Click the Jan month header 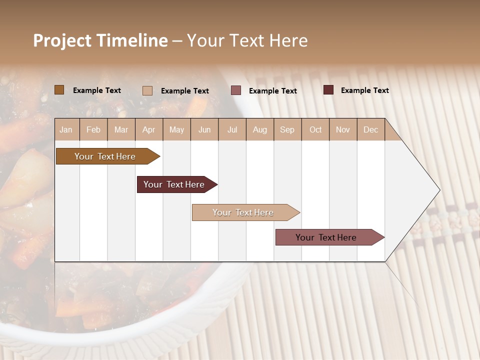pyautogui.click(x=66, y=130)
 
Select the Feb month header pyautogui.click(x=93, y=130)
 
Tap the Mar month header pyautogui.click(x=121, y=130)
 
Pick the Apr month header pyautogui.click(x=149, y=130)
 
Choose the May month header pyautogui.click(x=176, y=130)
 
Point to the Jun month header pyautogui.click(x=204, y=130)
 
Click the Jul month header pyautogui.click(x=232, y=130)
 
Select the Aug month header pyautogui.click(x=260, y=130)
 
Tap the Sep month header pyautogui.click(x=287, y=130)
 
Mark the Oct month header pyautogui.click(x=315, y=130)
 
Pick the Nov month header pyautogui.click(x=343, y=130)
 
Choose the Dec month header pyautogui.click(x=371, y=130)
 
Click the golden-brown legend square pyautogui.click(x=59, y=90)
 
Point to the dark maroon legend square pyautogui.click(x=328, y=90)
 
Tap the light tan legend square pyautogui.click(x=147, y=90)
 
